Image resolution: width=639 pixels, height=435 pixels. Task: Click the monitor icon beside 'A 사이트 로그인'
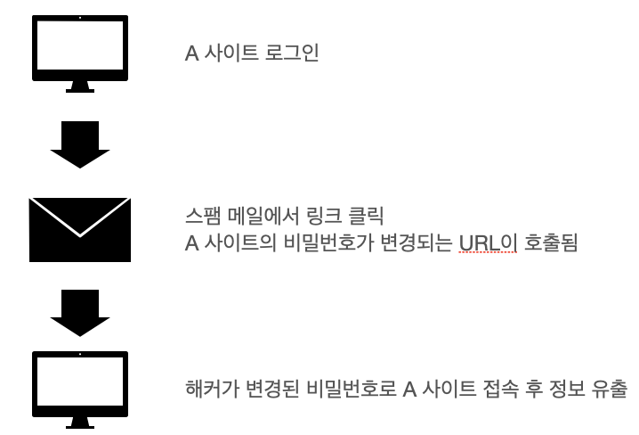click(x=79, y=52)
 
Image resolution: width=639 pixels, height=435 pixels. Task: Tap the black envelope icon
click(x=79, y=230)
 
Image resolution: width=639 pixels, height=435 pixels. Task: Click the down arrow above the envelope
click(x=79, y=143)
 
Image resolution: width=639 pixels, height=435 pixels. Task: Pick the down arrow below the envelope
click(x=79, y=312)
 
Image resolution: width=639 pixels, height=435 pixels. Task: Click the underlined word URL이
click(x=488, y=242)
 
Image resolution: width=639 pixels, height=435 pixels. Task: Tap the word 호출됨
click(x=550, y=242)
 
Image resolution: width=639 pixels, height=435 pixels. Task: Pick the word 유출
click(x=611, y=390)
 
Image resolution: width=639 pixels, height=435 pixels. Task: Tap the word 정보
click(x=568, y=390)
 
